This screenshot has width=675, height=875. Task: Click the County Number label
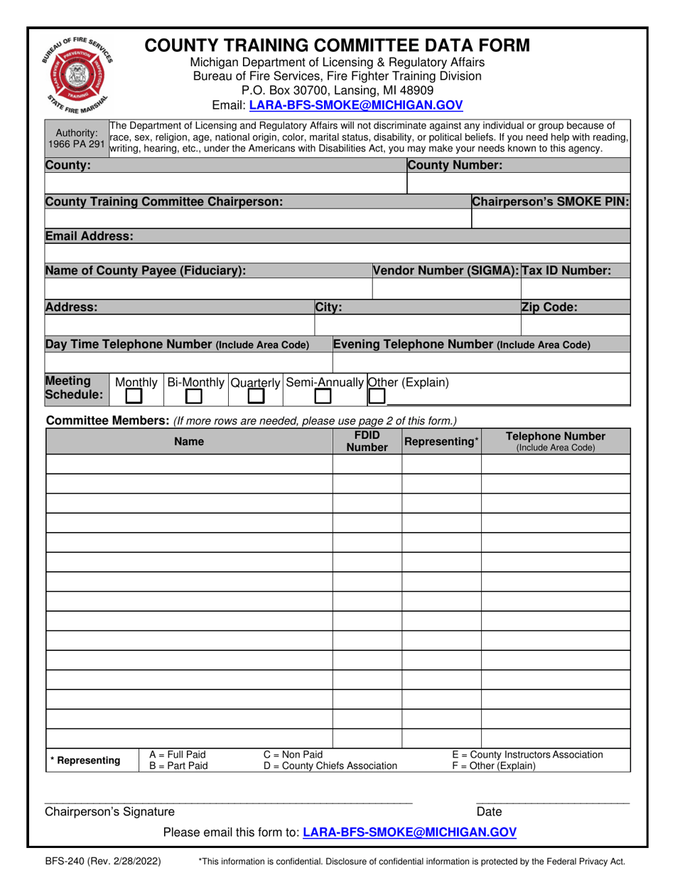[455, 165]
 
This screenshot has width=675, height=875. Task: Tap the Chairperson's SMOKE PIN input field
[551, 218]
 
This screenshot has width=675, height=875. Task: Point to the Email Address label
[89, 236]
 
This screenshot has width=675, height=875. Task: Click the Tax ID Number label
[566, 271]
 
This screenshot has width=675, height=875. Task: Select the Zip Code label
[549, 307]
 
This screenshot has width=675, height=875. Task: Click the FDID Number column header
[367, 441]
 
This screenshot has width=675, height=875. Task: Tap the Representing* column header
[441, 442]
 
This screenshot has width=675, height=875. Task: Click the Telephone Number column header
[555, 441]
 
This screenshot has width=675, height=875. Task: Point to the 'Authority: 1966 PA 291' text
[76, 138]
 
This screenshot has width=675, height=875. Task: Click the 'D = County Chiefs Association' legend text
[330, 766]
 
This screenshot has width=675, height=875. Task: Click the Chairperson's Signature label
[109, 812]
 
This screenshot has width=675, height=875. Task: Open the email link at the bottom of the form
[409, 832]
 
